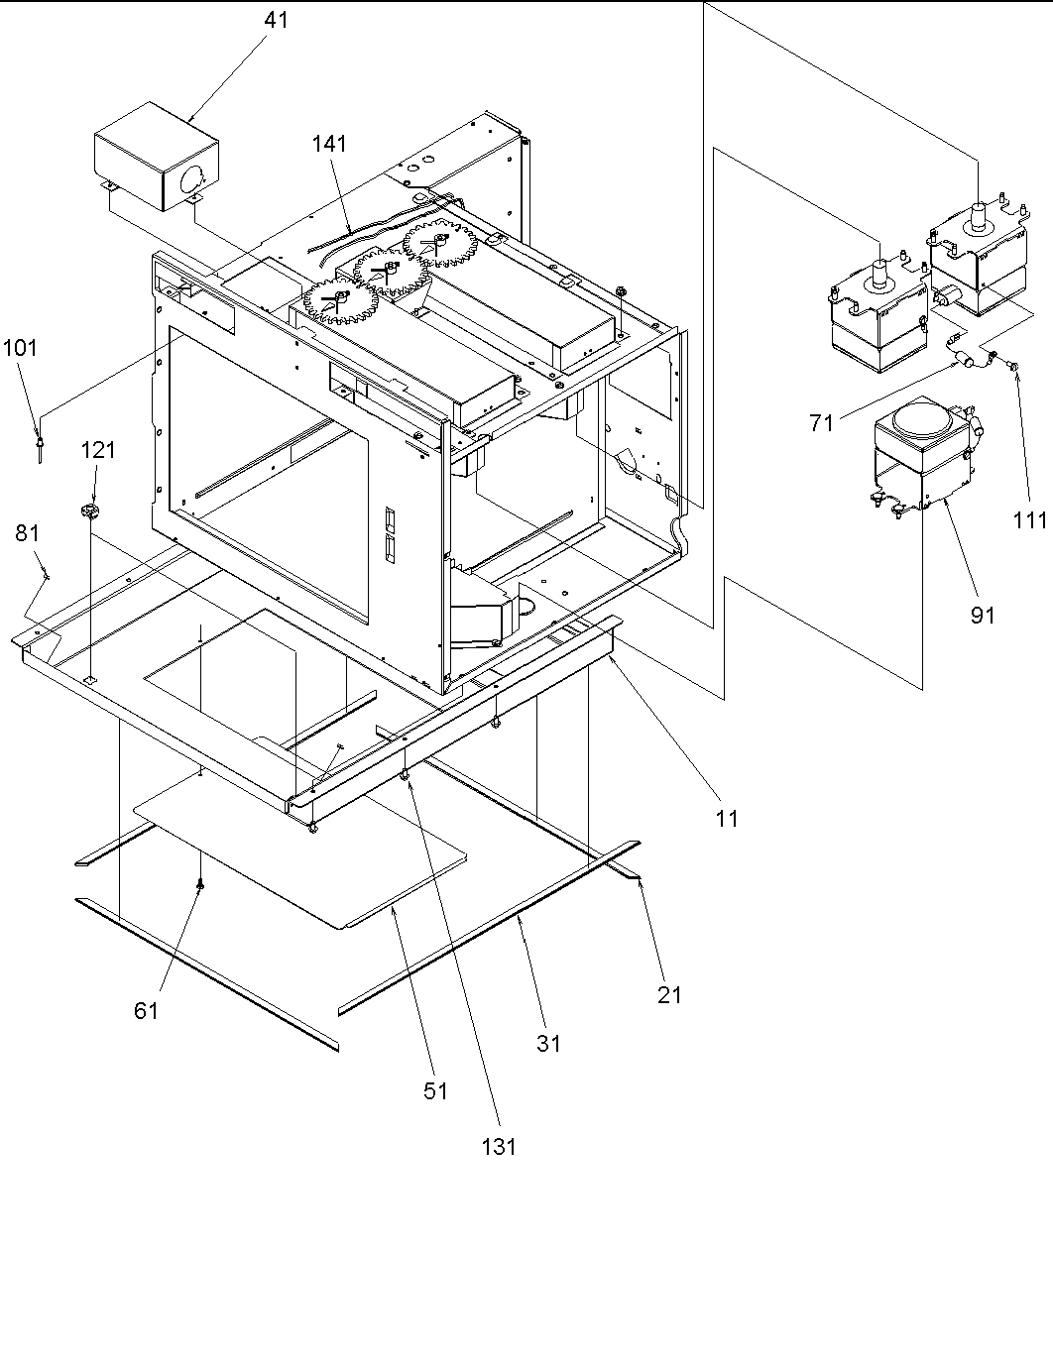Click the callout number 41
pos(277,19)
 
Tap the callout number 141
pos(329,144)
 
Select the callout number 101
pos(20,348)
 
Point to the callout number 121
pos(98,451)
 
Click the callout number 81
pos(27,533)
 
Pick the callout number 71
pos(822,423)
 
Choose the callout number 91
pos(982,616)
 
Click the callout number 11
pos(727,819)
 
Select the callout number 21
pos(670,994)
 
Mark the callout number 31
pos(548,1043)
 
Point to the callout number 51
pos(435,1090)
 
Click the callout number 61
pos(147,1010)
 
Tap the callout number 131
pos(499,1146)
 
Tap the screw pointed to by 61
pos(201,885)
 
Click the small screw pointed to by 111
pos(1012,367)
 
